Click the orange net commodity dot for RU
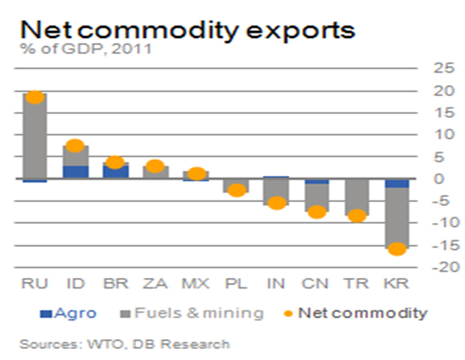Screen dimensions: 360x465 (34, 97)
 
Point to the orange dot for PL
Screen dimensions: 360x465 (237, 190)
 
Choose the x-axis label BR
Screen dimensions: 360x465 (114, 286)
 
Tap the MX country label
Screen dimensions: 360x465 (195, 286)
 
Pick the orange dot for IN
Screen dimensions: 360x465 (277, 203)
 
